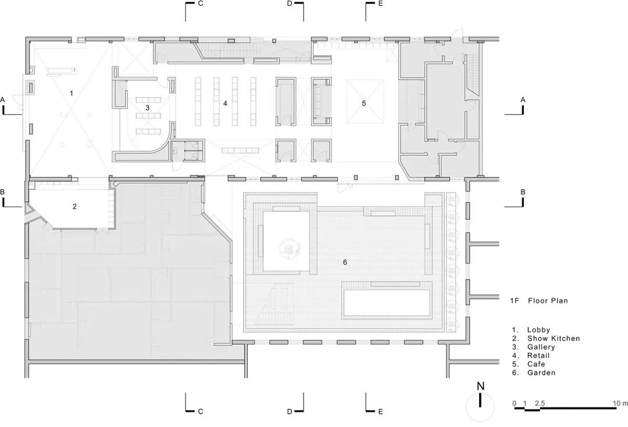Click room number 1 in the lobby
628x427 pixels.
click(x=72, y=94)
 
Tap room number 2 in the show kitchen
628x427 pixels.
click(x=74, y=206)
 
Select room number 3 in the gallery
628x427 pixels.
click(x=147, y=107)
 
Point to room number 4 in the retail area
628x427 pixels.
click(x=225, y=103)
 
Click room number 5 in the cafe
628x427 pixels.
click(x=363, y=103)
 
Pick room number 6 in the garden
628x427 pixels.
click(x=345, y=262)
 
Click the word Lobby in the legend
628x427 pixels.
click(x=538, y=330)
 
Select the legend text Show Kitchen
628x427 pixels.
click(x=553, y=339)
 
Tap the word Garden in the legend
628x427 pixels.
click(x=541, y=372)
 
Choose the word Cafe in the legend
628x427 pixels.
click(x=536, y=364)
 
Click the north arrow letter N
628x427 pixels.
click(x=481, y=386)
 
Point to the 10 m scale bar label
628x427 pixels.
click(x=620, y=403)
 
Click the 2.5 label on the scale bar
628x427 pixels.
click(x=540, y=403)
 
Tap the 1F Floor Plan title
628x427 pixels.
click(x=538, y=300)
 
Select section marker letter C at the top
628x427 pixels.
click(x=201, y=3)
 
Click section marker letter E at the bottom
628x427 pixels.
click(x=380, y=411)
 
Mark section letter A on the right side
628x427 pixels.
click(x=523, y=100)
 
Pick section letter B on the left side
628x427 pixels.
click(x=2, y=192)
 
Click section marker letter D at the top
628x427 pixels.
click(x=290, y=3)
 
